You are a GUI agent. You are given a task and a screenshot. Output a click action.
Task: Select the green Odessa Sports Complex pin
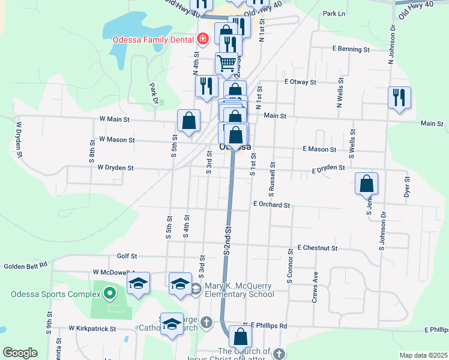[x=109, y=294]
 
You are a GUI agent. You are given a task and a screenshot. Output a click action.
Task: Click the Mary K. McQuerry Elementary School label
[x=239, y=290]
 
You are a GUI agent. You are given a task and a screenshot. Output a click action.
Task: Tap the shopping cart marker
[x=226, y=62]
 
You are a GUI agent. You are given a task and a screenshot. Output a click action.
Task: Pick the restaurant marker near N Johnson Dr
[x=399, y=97]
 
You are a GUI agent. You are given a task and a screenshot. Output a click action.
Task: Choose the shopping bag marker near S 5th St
[x=188, y=120]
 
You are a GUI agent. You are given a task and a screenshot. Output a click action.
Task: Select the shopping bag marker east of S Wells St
[x=366, y=184]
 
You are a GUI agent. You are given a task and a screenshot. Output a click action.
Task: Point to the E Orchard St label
[x=271, y=205]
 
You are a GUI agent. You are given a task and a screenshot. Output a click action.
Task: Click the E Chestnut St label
[x=318, y=248]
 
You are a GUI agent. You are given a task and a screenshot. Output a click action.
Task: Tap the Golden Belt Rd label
[x=25, y=266]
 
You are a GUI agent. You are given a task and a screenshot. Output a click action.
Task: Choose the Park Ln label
[x=334, y=13]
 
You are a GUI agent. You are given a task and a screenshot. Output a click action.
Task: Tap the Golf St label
[x=127, y=256]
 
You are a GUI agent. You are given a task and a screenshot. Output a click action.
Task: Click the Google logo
[x=20, y=353]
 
